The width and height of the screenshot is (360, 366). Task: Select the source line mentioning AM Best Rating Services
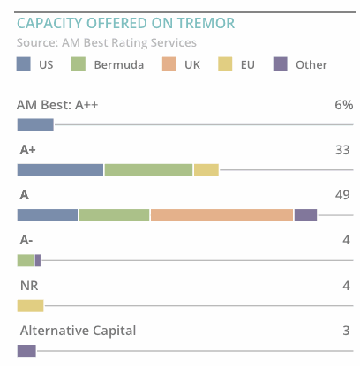[107, 42]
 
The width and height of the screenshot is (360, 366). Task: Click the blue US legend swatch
[24, 64]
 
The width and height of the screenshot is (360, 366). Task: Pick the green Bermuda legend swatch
[79, 64]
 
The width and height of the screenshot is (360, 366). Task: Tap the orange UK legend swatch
[170, 64]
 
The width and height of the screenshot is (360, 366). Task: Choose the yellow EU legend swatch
[225, 64]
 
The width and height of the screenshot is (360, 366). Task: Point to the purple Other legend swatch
[280, 64]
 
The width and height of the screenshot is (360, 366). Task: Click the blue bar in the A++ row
[35, 124]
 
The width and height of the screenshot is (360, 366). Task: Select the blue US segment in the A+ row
[60, 170]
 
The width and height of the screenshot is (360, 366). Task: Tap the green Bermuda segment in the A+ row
[148, 170]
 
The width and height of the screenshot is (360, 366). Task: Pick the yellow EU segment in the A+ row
[206, 170]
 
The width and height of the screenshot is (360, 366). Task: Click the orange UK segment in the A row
[221, 215]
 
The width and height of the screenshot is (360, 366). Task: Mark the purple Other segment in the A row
[305, 215]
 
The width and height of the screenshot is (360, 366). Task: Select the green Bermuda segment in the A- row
[25, 260]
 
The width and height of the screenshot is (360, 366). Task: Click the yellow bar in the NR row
[30, 305]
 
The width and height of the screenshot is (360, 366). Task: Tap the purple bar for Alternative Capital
[26, 350]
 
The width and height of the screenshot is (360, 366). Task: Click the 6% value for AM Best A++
[343, 105]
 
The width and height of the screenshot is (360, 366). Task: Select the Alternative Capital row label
[77, 331]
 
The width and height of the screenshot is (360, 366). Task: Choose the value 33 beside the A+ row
[343, 150]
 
